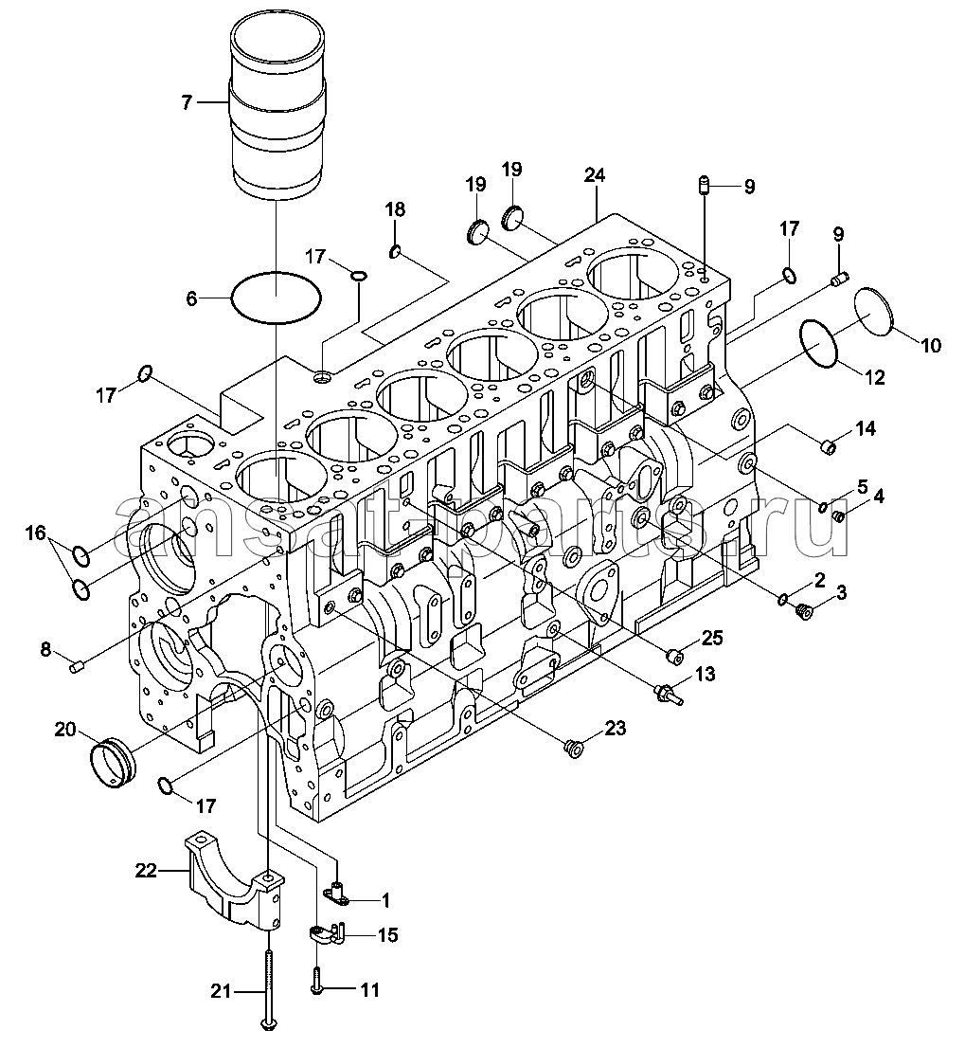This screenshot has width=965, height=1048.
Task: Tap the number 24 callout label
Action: [594, 175]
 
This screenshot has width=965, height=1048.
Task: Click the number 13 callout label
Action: [705, 674]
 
